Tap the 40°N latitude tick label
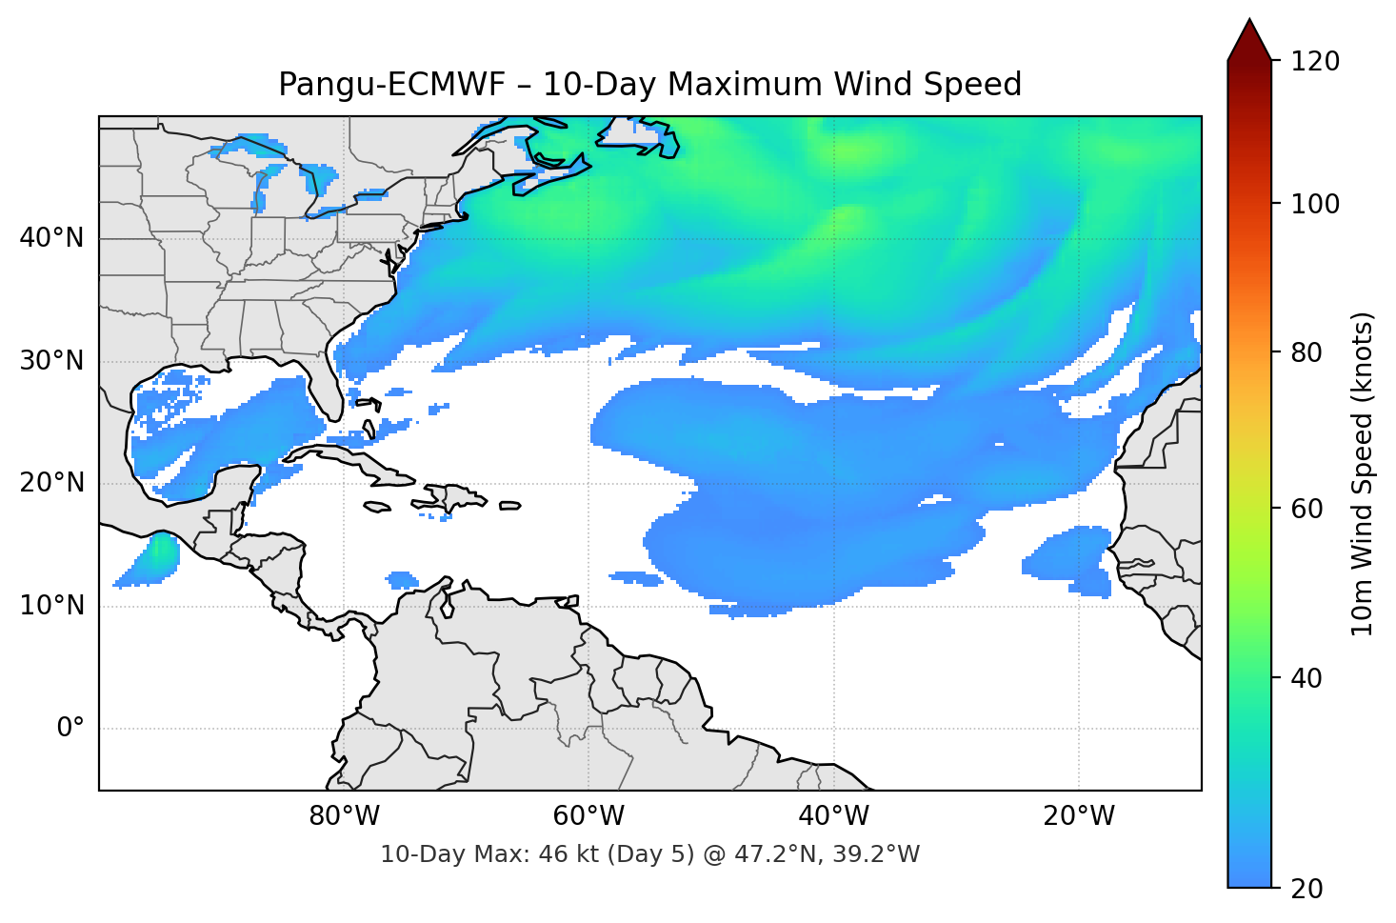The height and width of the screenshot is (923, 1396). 51,237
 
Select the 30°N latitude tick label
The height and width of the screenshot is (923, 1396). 51,361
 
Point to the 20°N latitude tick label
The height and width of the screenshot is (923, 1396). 51,483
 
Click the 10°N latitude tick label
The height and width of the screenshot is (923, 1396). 51,606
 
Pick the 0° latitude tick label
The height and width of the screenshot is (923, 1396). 70,729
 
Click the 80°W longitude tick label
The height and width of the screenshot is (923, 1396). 345,816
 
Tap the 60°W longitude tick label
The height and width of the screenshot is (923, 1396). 589,816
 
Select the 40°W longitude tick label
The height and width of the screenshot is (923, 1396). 834,816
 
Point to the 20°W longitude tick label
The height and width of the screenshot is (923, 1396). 1079,816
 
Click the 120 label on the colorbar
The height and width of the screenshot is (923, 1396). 1314,61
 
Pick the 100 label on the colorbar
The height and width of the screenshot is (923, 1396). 1314,204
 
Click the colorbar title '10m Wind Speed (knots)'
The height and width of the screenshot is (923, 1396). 1363,473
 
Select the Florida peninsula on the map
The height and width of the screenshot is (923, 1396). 327,386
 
